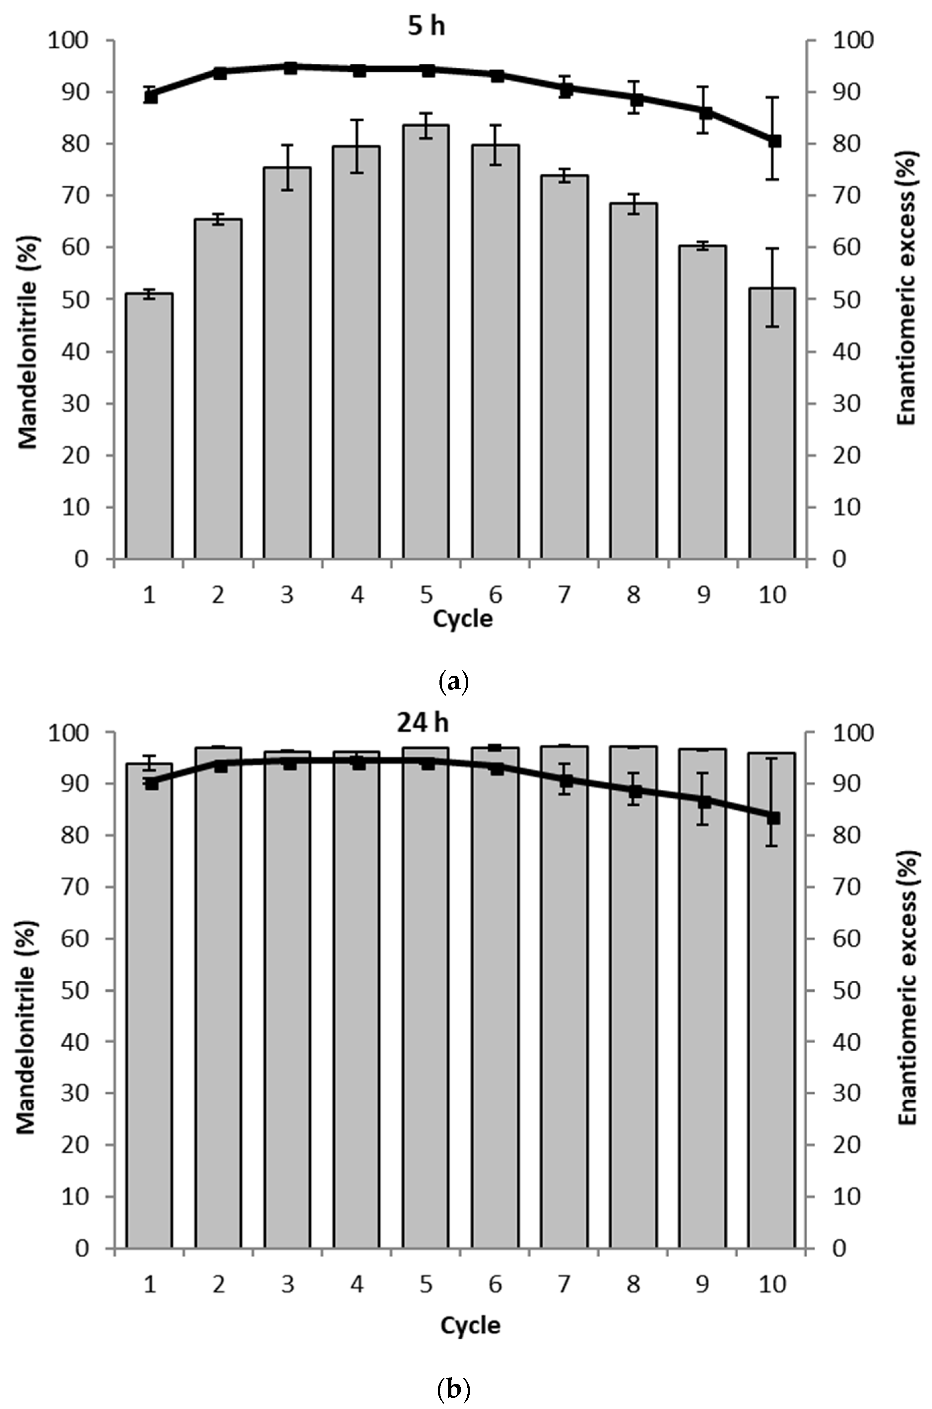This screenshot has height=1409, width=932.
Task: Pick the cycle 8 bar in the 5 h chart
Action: coord(633,380)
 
